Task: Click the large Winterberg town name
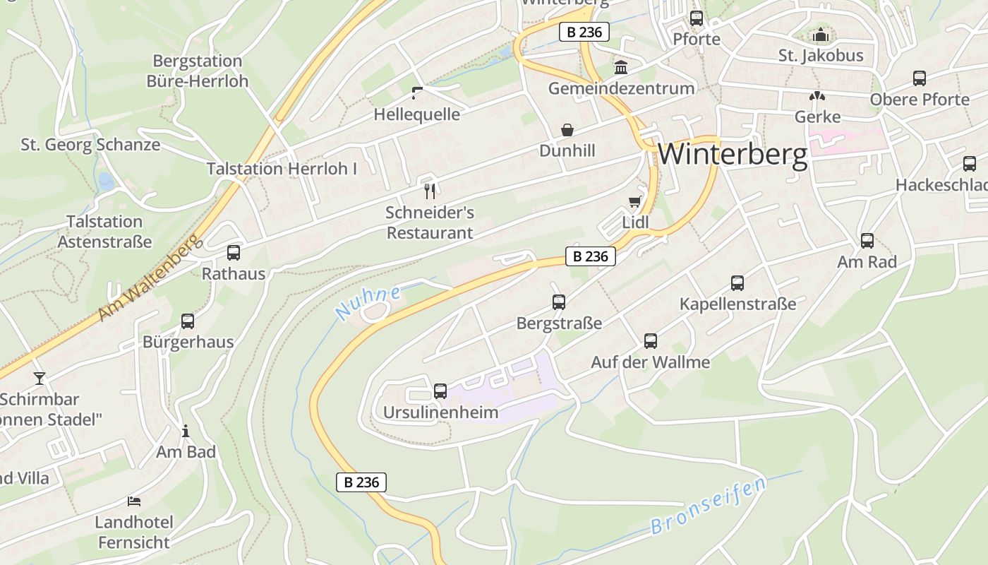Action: click(x=733, y=154)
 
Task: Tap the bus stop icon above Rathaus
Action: click(x=234, y=253)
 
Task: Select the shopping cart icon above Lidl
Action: click(x=635, y=202)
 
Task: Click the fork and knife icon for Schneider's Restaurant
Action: click(x=430, y=191)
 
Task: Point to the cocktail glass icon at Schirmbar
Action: click(x=40, y=379)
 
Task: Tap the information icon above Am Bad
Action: click(x=186, y=431)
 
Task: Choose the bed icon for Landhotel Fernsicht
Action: click(x=134, y=501)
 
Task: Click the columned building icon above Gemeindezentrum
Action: click(x=621, y=68)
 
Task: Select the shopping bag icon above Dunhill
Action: click(x=567, y=130)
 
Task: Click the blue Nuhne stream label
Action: click(x=368, y=303)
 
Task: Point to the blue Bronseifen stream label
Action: click(x=708, y=506)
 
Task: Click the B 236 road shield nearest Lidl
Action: click(x=591, y=256)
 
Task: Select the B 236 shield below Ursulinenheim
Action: click(x=361, y=482)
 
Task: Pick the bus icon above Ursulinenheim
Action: click(x=440, y=391)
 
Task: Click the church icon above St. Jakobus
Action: click(x=821, y=35)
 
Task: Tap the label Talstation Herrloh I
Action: click(x=282, y=169)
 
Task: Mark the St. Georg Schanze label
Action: click(x=90, y=145)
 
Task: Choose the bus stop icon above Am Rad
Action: click(x=867, y=241)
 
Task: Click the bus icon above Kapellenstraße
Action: click(x=737, y=283)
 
